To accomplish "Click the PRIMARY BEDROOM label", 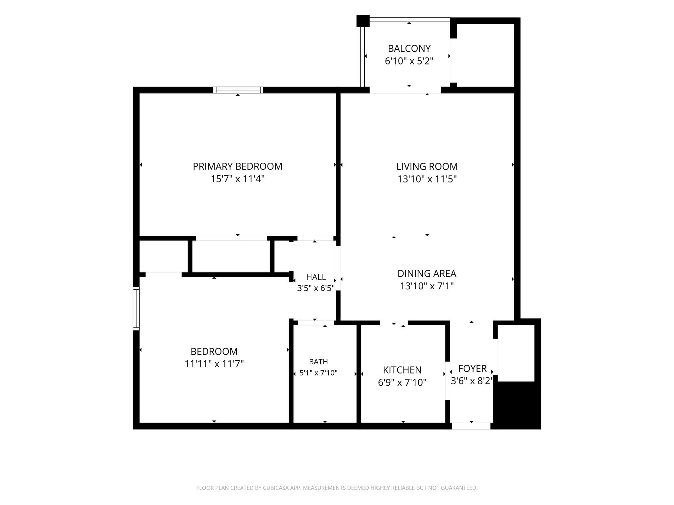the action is coord(237,166).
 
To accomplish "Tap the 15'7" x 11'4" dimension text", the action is coord(237,179).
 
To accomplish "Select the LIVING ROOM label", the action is coord(427,166).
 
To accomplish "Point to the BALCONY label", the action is coord(409,49).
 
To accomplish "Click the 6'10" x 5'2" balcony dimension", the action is coord(409,61).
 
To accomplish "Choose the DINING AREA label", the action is coord(427,274).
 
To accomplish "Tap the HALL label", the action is coord(316,277).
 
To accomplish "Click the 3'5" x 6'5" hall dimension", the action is coord(316,288).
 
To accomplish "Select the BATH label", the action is coord(318,362).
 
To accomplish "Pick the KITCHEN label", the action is coord(402,370).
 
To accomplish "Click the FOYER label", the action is coord(472,369).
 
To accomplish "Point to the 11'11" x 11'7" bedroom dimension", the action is coord(214,364).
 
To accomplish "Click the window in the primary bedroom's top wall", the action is coord(238,90).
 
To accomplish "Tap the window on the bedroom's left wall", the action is coord(136,308).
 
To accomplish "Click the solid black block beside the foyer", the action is coord(517,405).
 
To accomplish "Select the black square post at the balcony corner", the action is coord(363,21).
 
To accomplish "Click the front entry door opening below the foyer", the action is coord(471,426).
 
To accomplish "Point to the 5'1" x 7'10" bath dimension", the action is coord(318,373).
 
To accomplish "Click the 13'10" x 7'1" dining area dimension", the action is coord(427,286).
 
